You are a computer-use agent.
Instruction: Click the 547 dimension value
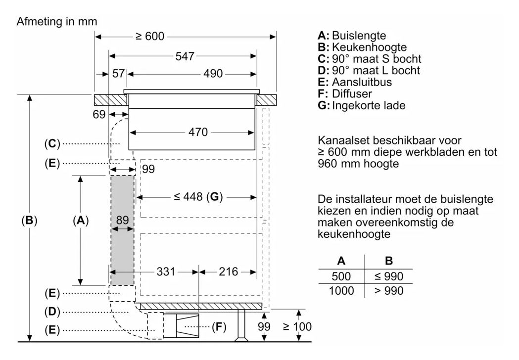pyautogui.click(x=185, y=56)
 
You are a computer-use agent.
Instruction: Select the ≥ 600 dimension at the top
pyautogui.click(x=150, y=36)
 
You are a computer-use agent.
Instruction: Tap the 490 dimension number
pyautogui.click(x=213, y=74)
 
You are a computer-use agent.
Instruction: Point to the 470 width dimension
pyautogui.click(x=198, y=133)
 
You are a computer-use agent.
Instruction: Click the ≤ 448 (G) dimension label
pyautogui.click(x=198, y=197)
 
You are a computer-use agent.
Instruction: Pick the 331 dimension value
pyautogui.click(x=166, y=271)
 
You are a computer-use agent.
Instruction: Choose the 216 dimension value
pyautogui.click(x=229, y=271)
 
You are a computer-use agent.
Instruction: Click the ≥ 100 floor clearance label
pyautogui.click(x=297, y=326)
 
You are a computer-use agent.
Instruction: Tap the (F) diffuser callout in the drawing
pyautogui.click(x=219, y=327)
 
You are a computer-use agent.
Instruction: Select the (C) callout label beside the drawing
pyautogui.click(x=52, y=143)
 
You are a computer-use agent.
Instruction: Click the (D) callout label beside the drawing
pyautogui.click(x=52, y=312)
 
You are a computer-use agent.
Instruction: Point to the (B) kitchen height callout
pyautogui.click(x=29, y=221)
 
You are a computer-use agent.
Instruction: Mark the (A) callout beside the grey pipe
pyautogui.click(x=81, y=221)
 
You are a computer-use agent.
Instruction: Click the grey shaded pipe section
pyautogui.click(x=122, y=230)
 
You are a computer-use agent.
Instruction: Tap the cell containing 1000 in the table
pyautogui.click(x=341, y=290)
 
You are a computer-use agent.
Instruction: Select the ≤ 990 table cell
pyautogui.click(x=388, y=276)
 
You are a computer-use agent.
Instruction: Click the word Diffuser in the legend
pyautogui.click(x=352, y=93)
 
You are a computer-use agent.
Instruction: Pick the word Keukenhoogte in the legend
pyautogui.click(x=369, y=47)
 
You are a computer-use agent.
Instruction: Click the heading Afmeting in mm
pyautogui.click(x=57, y=21)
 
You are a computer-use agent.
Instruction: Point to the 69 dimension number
pyautogui.click(x=99, y=115)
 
